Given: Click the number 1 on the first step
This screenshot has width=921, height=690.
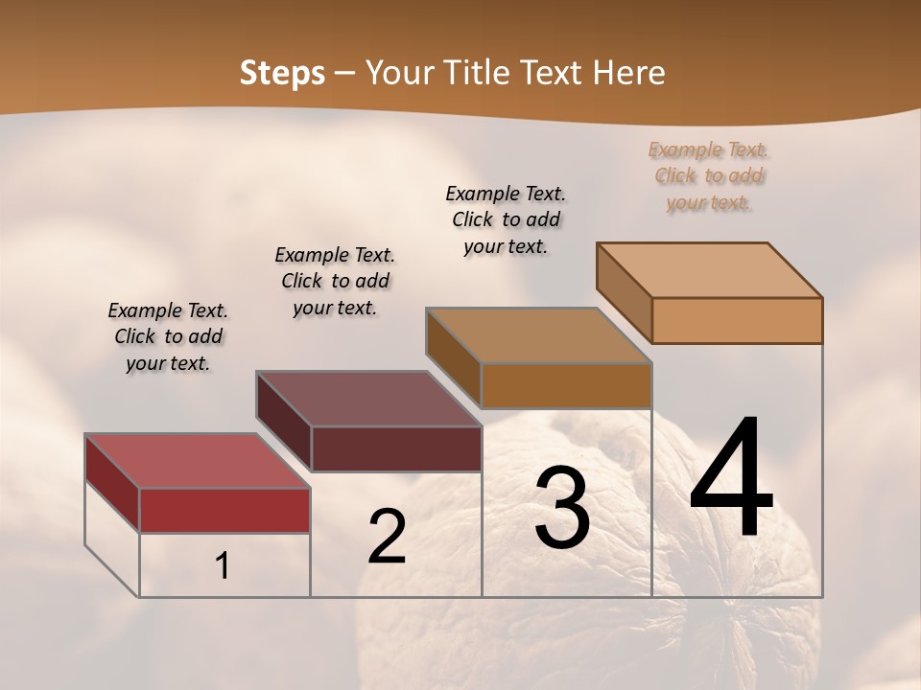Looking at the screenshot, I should [223, 565].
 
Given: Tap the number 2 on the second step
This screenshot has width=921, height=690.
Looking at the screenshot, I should [387, 537].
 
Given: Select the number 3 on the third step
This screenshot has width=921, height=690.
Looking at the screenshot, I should [561, 508].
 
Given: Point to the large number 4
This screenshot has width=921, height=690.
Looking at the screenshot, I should [731, 479].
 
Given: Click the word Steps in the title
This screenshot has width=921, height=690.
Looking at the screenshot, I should [282, 73].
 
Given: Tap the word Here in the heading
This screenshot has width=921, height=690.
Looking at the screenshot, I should [630, 73].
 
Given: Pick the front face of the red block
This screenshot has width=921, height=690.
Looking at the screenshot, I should [224, 510].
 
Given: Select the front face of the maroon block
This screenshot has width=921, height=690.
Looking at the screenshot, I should [396, 448].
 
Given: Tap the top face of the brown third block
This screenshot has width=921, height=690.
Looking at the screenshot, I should [538, 335].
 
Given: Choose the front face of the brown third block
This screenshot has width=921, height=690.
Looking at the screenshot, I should [566, 385].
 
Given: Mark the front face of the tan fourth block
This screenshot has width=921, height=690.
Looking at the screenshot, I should [737, 320].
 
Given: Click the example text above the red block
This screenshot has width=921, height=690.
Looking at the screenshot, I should [168, 336].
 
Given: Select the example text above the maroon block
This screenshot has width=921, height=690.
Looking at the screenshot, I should [335, 281].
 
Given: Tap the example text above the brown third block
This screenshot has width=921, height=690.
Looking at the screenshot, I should [506, 219].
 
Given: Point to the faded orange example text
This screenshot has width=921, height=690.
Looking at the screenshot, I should [709, 175].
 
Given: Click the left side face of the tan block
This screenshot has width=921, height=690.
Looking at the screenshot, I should [624, 292].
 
